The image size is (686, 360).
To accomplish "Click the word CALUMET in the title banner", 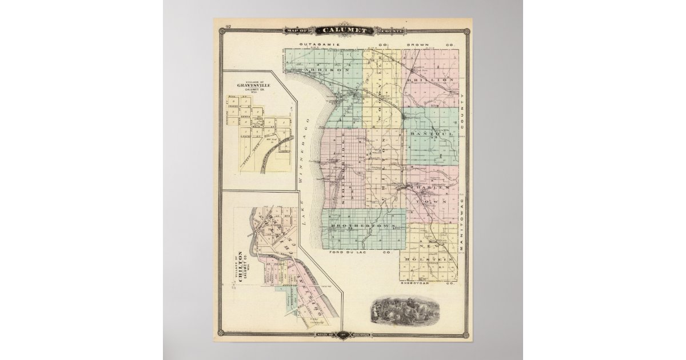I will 342,30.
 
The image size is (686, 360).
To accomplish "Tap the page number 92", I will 228,27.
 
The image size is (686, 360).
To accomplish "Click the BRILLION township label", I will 433,80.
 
